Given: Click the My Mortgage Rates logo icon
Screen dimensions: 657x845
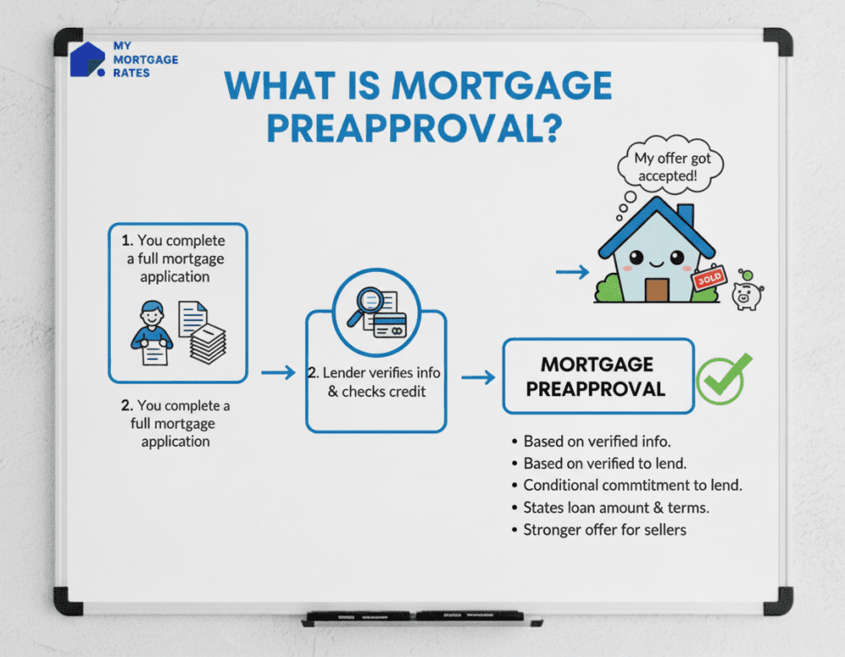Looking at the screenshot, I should (88, 59).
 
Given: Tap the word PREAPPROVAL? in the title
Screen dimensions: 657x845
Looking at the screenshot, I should (414, 126).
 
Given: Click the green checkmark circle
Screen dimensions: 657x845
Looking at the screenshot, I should (722, 377).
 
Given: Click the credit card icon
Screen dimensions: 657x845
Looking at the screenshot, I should (390, 324).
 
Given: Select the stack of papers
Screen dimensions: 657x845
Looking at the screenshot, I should (208, 341).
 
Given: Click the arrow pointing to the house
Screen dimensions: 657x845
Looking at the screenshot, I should (572, 272).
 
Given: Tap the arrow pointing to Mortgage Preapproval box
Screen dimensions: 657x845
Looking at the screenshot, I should (478, 377).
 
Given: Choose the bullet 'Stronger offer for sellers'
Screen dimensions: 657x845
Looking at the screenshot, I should (604, 529).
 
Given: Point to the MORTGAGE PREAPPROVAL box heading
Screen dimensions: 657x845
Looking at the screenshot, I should (597, 377).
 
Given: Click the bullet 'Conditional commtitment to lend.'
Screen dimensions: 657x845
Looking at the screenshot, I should (632, 486).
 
